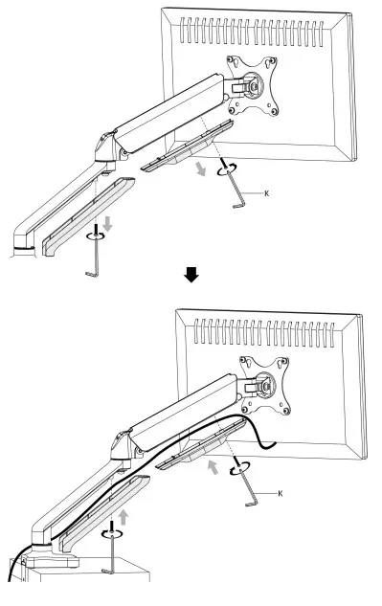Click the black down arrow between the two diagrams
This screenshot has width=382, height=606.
click(192, 275)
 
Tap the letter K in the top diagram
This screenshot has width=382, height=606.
click(265, 193)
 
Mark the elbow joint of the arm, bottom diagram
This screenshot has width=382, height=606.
click(121, 444)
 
